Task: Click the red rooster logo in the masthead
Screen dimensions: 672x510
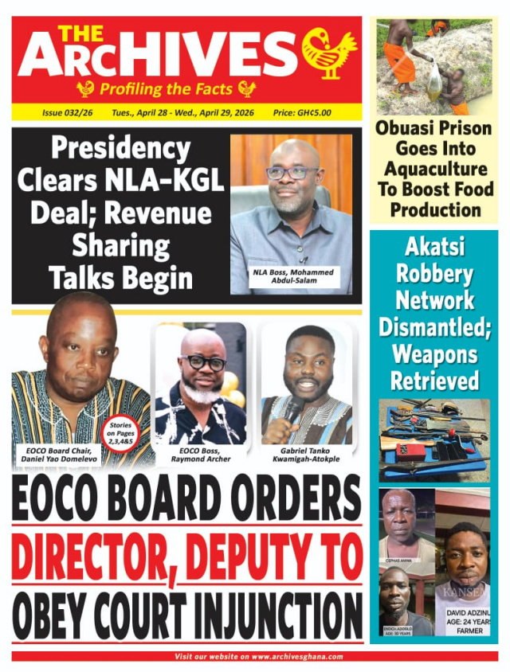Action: pyautogui.click(x=328, y=52)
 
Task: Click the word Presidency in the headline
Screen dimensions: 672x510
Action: pyautogui.click(x=120, y=149)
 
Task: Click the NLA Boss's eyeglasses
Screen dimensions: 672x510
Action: pyautogui.click(x=292, y=173)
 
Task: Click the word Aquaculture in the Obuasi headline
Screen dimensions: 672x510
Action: pyautogui.click(x=434, y=169)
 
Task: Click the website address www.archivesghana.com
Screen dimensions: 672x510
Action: pyautogui.click(x=297, y=657)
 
